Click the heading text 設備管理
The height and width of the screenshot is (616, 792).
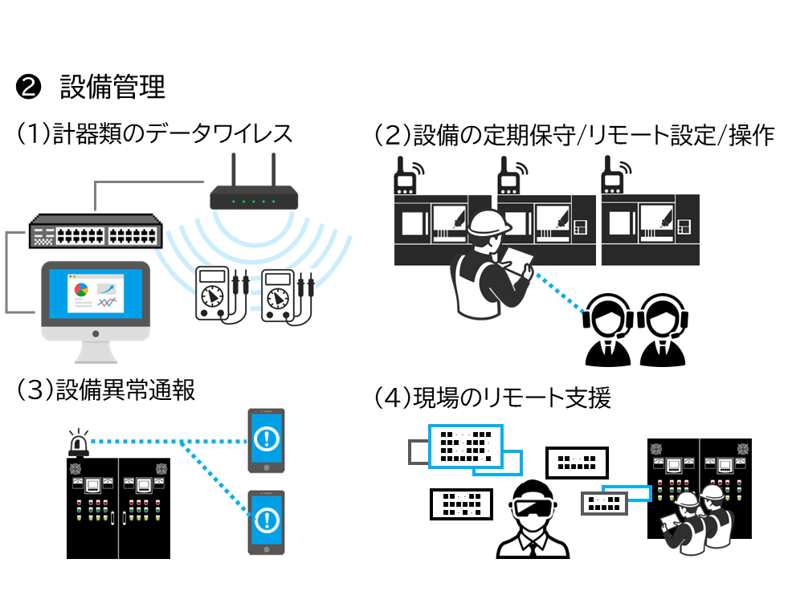(x=112, y=87)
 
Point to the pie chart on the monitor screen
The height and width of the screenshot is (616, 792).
(x=80, y=288)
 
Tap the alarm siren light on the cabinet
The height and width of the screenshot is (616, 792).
(x=78, y=443)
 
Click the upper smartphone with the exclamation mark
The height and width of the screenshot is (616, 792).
(x=266, y=440)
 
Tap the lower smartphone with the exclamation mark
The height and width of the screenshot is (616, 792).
(x=266, y=521)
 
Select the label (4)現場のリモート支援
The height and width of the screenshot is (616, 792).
(x=492, y=397)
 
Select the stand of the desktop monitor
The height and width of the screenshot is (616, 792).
(x=96, y=352)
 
